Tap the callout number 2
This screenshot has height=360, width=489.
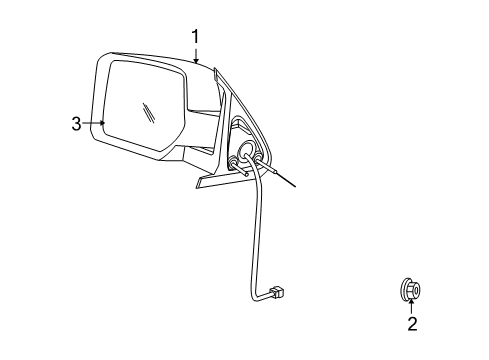[x=412, y=323]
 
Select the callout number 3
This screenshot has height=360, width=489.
[x=76, y=123]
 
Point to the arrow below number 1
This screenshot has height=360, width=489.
[x=197, y=59]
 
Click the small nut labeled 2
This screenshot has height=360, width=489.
[x=412, y=289]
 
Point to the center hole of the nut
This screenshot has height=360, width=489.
[x=413, y=288]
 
